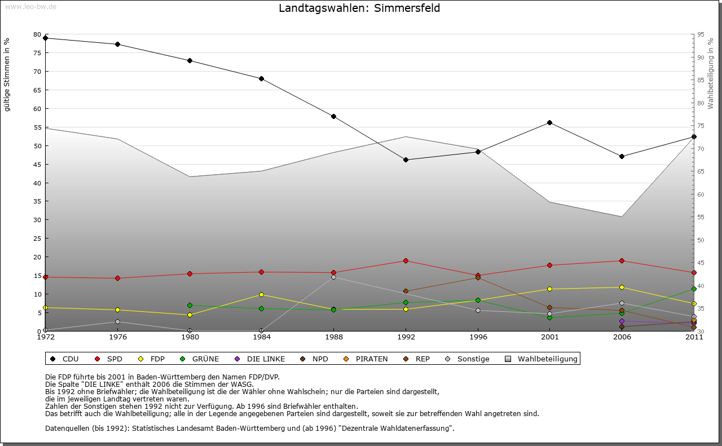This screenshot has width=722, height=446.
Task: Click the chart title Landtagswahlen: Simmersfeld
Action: (x=359, y=8)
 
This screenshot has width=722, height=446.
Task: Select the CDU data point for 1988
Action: (x=333, y=117)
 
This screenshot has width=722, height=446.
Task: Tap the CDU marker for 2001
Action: (x=549, y=123)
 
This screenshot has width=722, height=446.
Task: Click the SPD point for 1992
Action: (x=406, y=260)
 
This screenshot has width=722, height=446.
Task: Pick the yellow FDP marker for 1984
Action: (x=262, y=294)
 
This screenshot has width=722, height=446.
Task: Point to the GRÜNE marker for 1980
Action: (x=190, y=306)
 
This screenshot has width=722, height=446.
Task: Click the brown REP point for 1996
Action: (x=478, y=277)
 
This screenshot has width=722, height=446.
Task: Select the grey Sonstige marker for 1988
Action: (x=333, y=277)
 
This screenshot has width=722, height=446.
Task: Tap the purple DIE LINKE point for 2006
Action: (x=622, y=321)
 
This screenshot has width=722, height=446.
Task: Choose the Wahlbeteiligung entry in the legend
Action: (x=548, y=359)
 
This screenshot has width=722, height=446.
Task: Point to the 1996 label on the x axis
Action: (x=478, y=338)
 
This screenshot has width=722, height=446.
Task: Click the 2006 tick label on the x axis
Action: (x=622, y=338)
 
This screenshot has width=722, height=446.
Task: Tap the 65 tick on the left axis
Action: (x=37, y=90)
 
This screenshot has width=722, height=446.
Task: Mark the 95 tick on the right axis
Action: (x=700, y=35)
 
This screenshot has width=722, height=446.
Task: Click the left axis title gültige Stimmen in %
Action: (x=7, y=75)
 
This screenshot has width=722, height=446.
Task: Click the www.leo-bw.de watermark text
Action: (x=30, y=7)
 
